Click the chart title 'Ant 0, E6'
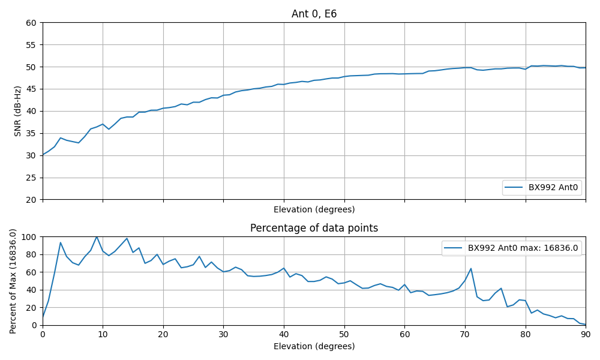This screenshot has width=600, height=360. point(314,14)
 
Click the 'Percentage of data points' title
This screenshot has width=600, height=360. point(314,228)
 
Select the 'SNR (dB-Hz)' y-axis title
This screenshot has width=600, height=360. point(18,111)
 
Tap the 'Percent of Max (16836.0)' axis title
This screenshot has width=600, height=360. point(13,281)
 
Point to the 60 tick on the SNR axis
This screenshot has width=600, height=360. point(32,23)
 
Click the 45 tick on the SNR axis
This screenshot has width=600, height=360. point(32,89)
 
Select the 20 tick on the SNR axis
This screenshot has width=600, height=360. point(32,200)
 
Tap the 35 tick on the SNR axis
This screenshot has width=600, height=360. point(32,133)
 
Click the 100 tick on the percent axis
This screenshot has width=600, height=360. point(29,237)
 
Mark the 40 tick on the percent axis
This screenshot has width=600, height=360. point(32,290)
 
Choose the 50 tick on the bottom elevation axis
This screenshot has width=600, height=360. point(344,334)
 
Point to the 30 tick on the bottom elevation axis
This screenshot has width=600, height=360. point(223,334)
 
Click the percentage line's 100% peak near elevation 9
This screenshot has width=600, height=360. point(97,237)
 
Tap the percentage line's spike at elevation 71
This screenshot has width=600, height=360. point(471,268)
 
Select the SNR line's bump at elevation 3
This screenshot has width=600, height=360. point(61,138)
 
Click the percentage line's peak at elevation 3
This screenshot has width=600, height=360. point(61,242)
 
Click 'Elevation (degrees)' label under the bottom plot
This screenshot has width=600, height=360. point(314,346)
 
